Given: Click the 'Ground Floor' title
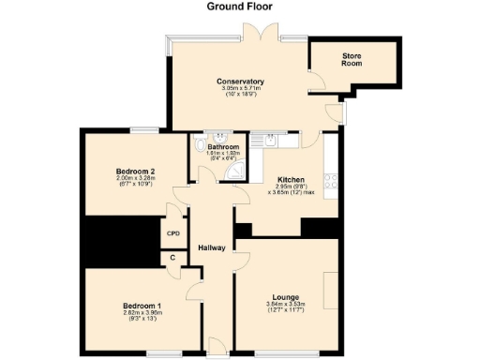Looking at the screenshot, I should click(240, 6).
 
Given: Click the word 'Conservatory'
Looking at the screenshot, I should click(240, 82).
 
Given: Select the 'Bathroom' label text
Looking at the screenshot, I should click(223, 148).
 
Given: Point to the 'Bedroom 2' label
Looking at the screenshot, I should click(135, 172).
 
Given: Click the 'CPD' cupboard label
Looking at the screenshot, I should click(173, 233).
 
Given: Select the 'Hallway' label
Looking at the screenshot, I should click(213, 247).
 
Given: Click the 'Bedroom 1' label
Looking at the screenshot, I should click(141, 306).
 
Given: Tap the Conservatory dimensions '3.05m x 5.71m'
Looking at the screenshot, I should click(240, 90).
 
